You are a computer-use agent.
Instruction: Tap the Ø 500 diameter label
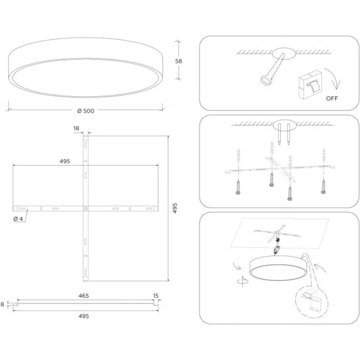[85, 111]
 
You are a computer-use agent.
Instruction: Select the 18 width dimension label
[76, 129]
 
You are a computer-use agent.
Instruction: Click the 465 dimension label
[83, 296]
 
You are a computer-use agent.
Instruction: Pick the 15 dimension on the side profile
[156, 296]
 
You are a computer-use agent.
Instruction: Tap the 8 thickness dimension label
[3, 305]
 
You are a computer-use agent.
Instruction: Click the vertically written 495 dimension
[175, 208]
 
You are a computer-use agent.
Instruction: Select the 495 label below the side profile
[83, 316]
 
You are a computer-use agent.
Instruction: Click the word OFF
[333, 98]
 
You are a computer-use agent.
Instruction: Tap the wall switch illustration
[310, 83]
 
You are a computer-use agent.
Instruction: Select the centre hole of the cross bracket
[85, 208]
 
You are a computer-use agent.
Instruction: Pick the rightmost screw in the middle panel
[323, 185]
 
